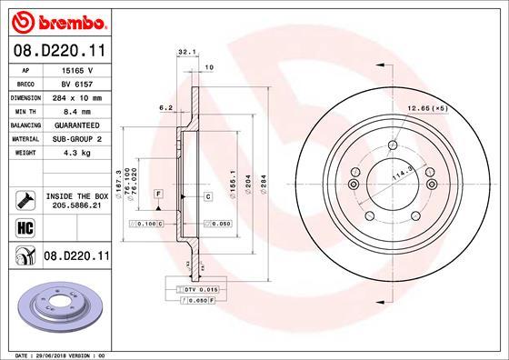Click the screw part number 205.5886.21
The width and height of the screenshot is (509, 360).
[77, 205]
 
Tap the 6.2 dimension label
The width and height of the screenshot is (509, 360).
[165, 107]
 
